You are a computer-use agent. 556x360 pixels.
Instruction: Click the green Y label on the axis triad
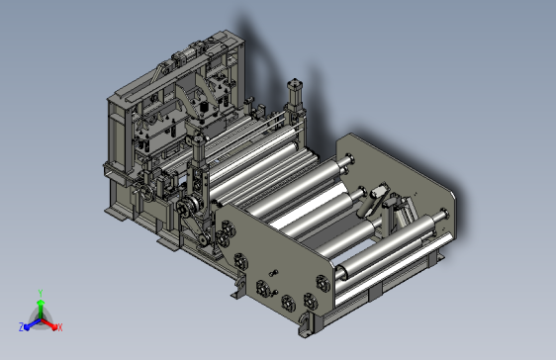coord(39,294)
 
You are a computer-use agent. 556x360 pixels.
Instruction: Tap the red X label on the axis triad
coord(60,326)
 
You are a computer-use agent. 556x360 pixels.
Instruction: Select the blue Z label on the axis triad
coord(21,326)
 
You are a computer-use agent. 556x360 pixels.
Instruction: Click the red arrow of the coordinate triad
coord(50,322)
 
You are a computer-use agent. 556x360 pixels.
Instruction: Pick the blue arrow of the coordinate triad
coord(31,322)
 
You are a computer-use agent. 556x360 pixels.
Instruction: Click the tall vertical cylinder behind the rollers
coord(293,100)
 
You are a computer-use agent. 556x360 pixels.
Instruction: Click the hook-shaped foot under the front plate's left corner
coord(238,288)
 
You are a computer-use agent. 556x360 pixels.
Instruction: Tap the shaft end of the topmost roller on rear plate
coord(350,155)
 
